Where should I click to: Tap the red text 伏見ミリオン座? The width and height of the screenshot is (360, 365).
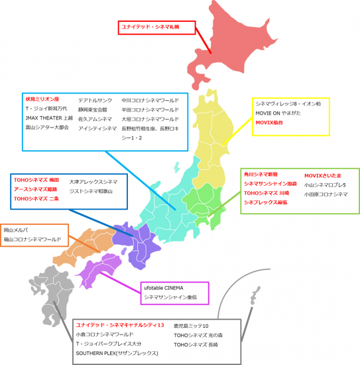[x=43, y=98]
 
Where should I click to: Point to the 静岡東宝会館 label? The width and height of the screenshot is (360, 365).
[x=97, y=108]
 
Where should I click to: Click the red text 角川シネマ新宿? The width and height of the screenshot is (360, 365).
[x=262, y=175]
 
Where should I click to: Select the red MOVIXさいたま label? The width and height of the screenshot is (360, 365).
[x=323, y=175]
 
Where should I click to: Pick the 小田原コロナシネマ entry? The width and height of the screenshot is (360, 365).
[x=326, y=194]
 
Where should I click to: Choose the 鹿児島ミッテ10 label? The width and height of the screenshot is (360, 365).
[x=192, y=326]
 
